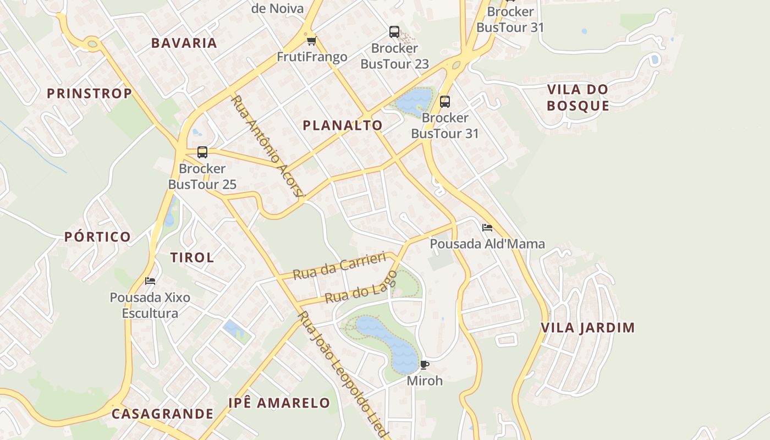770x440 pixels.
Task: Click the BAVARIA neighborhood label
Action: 184,43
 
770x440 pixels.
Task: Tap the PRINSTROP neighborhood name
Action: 90,94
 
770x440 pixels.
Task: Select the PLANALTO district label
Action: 343,125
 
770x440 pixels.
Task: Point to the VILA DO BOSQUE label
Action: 578,97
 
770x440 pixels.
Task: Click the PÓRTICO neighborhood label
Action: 98,237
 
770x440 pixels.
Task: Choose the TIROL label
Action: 192,257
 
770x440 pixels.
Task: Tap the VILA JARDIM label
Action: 588,328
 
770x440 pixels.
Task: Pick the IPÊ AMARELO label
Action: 279,403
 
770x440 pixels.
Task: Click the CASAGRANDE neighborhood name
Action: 162,414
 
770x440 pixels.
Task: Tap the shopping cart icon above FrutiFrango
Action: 312,41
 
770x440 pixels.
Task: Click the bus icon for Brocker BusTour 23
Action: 394,32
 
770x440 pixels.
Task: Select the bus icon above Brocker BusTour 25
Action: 202,152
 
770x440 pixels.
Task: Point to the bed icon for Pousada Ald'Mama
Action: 487,228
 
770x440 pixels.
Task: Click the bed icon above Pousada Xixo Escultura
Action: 150,281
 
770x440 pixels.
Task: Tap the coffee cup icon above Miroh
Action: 425,365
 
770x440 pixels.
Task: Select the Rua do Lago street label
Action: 361,288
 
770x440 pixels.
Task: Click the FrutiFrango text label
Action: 312,57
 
